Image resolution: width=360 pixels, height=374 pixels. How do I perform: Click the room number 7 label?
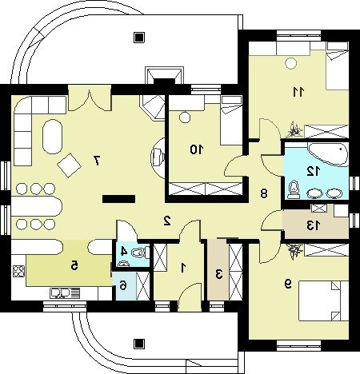click(96, 161)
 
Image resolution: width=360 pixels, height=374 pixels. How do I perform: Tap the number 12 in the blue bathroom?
click(313, 171)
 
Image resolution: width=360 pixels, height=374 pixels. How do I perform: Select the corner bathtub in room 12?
click(328, 154)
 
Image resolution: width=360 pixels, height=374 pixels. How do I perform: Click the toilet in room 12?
click(294, 189)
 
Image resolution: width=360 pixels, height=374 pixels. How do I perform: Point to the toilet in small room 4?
click(140, 252)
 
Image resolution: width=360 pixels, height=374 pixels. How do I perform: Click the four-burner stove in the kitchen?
click(18, 272)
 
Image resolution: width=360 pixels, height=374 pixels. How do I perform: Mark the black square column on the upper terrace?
click(139, 38)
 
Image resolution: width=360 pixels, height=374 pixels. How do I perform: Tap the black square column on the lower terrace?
click(139, 344)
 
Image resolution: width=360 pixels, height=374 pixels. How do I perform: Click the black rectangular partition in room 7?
click(118, 199)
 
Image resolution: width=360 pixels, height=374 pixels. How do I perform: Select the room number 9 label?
click(288, 284)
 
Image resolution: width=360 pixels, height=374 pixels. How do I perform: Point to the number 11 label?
click(298, 92)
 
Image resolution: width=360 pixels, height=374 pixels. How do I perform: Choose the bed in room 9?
click(323, 300)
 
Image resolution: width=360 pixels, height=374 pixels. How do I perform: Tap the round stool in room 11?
click(291, 63)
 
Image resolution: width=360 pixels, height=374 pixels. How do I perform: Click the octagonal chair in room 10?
click(184, 117)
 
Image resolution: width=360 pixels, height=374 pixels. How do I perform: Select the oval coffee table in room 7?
click(52, 137)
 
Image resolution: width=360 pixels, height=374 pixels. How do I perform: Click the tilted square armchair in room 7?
click(69, 165)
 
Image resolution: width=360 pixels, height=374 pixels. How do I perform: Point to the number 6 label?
click(123, 285)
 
